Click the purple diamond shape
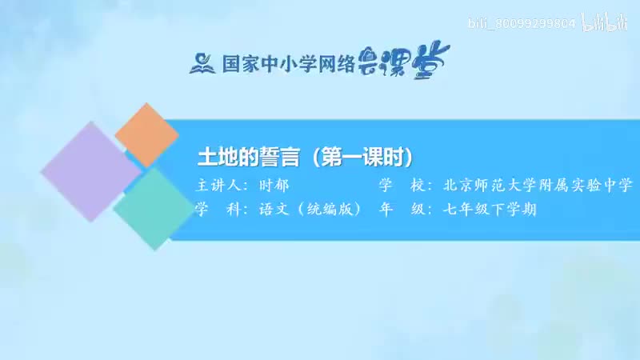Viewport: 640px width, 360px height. (x=90, y=172)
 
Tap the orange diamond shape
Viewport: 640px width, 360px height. (x=147, y=134)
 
